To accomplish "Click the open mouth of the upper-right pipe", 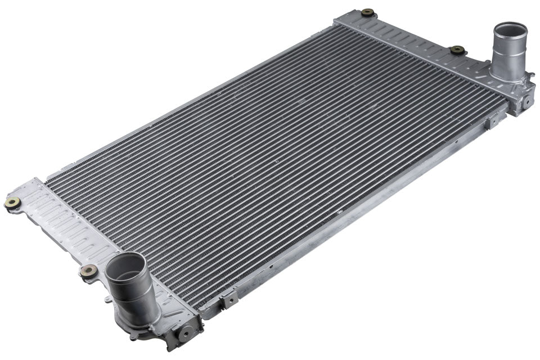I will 510,29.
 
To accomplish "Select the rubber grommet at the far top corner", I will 368,12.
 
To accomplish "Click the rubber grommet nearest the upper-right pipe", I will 457,50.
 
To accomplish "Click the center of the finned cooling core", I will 276,163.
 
